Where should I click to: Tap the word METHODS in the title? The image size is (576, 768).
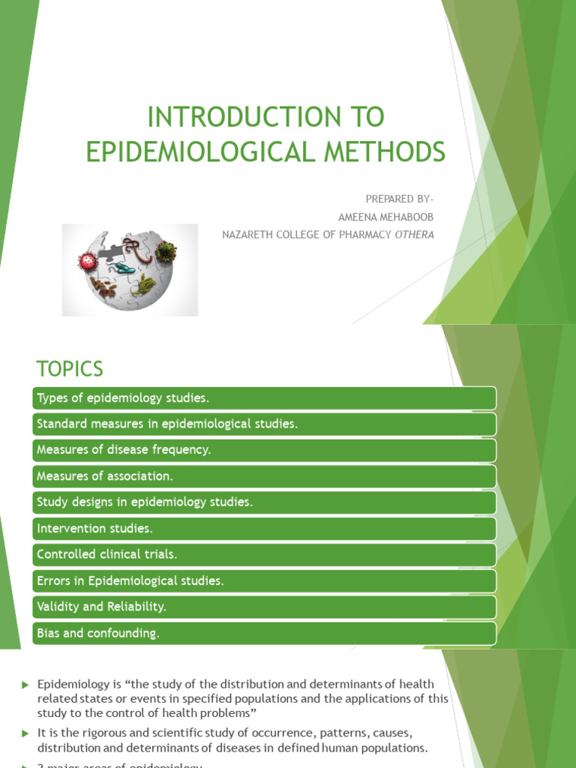tap(390, 151)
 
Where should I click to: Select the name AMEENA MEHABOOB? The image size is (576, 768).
tap(385, 217)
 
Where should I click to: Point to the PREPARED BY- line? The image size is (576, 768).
tap(399, 199)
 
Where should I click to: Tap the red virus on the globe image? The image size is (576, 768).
tap(88, 262)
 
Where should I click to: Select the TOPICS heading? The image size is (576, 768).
tap(69, 369)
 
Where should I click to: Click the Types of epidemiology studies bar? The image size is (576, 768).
tap(264, 397)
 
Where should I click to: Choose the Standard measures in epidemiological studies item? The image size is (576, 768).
tap(264, 424)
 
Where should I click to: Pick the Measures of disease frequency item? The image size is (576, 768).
tap(264, 450)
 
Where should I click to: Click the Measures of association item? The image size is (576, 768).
tap(264, 476)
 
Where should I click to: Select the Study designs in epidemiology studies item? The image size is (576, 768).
tap(264, 502)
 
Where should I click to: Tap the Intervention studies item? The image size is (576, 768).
tap(264, 529)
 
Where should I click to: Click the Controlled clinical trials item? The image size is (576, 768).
tap(264, 555)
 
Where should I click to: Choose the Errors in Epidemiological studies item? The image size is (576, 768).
tap(264, 581)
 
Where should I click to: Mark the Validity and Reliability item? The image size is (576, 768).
tap(264, 607)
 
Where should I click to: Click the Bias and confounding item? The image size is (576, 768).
tap(264, 633)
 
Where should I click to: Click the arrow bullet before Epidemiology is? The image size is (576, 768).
tap(25, 685)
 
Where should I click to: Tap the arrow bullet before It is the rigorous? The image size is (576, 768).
tap(25, 731)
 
